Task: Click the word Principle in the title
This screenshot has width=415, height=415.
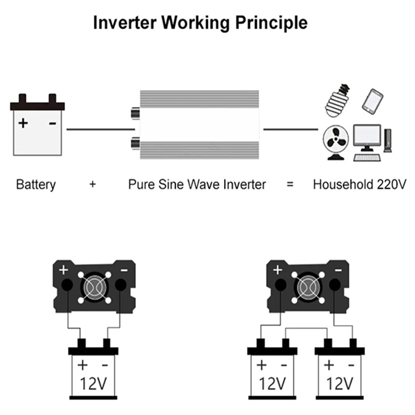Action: point(271,23)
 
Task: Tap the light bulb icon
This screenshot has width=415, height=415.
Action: point(337,100)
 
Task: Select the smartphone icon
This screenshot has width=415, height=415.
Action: point(372,101)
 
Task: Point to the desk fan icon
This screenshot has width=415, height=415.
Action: point(336,142)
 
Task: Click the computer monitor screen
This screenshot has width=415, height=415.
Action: point(367,136)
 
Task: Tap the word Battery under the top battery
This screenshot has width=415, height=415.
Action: point(36,184)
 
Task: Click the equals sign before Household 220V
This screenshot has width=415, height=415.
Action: point(290,184)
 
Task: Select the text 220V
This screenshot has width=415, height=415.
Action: point(391,184)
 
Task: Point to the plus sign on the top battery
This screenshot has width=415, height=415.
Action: point(23,123)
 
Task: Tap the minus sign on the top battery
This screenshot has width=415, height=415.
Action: point(52,123)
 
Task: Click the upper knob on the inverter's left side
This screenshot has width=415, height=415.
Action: point(135,114)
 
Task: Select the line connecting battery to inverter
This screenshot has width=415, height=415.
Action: point(100,130)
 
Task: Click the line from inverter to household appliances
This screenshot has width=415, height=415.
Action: point(290,130)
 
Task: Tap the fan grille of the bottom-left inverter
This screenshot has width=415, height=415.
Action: point(94,288)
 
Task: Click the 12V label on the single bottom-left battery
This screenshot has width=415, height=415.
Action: point(93,383)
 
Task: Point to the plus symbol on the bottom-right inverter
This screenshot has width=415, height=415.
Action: point(277,270)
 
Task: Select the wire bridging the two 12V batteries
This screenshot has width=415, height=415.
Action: point(306,329)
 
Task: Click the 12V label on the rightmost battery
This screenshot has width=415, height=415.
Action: point(339,383)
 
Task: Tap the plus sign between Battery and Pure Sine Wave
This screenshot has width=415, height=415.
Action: point(92,184)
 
